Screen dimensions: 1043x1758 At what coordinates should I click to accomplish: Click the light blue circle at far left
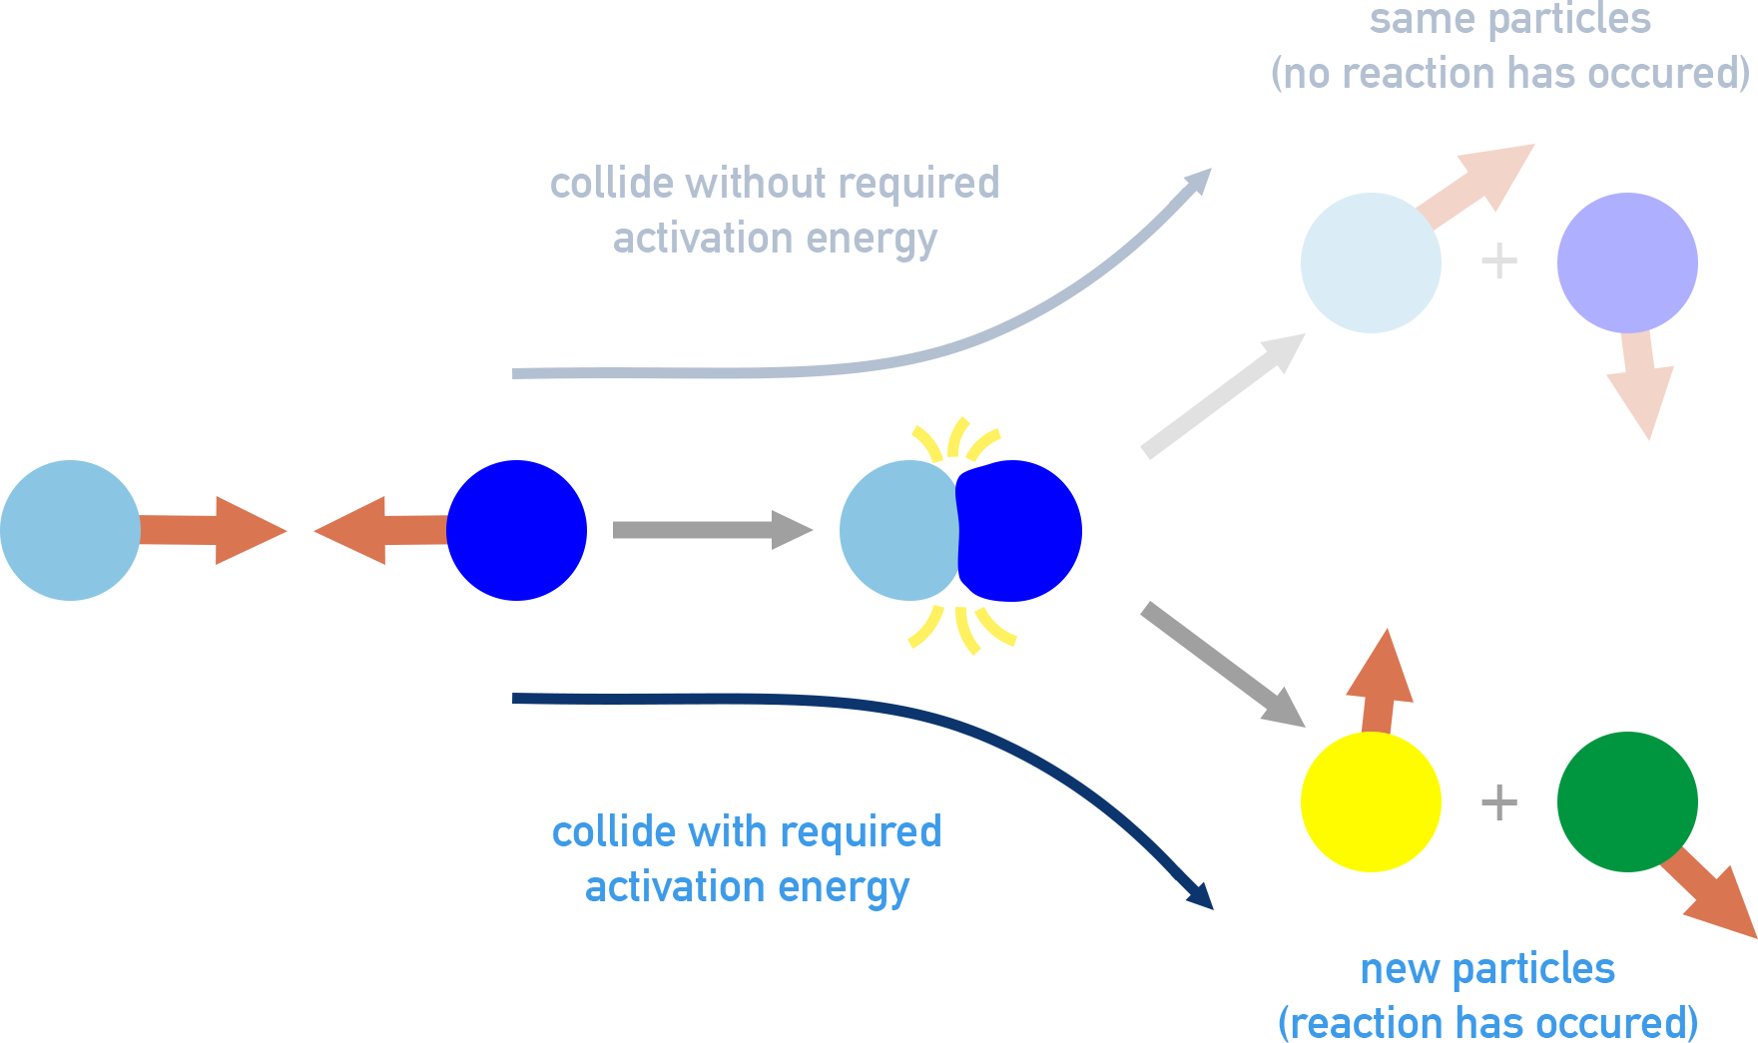coord(70,530)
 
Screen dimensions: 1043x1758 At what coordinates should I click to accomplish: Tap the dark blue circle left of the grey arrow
coord(516,530)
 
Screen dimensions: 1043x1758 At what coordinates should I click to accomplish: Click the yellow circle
coord(1371,801)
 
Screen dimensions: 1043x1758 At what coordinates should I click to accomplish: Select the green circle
coord(1627,801)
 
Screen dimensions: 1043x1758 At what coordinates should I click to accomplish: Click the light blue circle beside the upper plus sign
coord(1371,262)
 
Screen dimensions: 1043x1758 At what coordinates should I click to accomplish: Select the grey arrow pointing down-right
coord(1223,665)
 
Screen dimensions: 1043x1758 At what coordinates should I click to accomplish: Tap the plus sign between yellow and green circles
coord(1498,801)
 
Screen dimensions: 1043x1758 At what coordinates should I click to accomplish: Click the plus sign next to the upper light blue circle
coord(1498,261)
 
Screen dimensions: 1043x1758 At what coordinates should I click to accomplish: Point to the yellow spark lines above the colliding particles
coord(956,440)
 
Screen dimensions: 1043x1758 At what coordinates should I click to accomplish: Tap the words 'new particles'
coord(1486,968)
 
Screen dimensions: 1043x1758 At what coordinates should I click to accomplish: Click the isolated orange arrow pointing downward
coord(1641,384)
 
